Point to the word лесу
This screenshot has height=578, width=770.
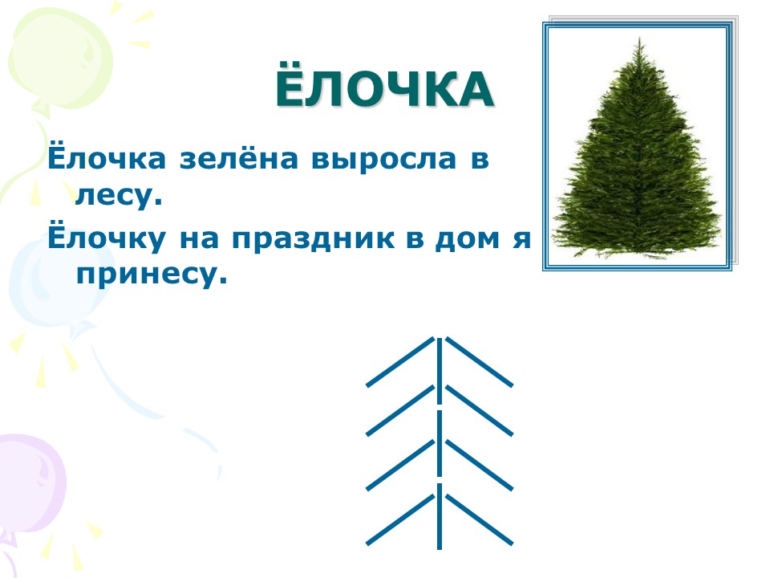coord(118,195)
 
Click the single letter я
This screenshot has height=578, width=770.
coord(522,239)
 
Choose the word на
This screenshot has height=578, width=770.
coord(199,239)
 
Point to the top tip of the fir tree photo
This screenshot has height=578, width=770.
coord(639,38)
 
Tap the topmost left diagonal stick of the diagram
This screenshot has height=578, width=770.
coord(400,362)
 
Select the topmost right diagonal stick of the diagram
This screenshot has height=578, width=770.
coord(479,362)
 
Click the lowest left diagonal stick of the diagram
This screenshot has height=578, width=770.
coord(400,519)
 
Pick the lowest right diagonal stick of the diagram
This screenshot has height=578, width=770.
coord(479,519)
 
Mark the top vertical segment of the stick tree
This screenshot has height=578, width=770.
coord(440,371)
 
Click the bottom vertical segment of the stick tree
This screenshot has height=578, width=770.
coord(440,516)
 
